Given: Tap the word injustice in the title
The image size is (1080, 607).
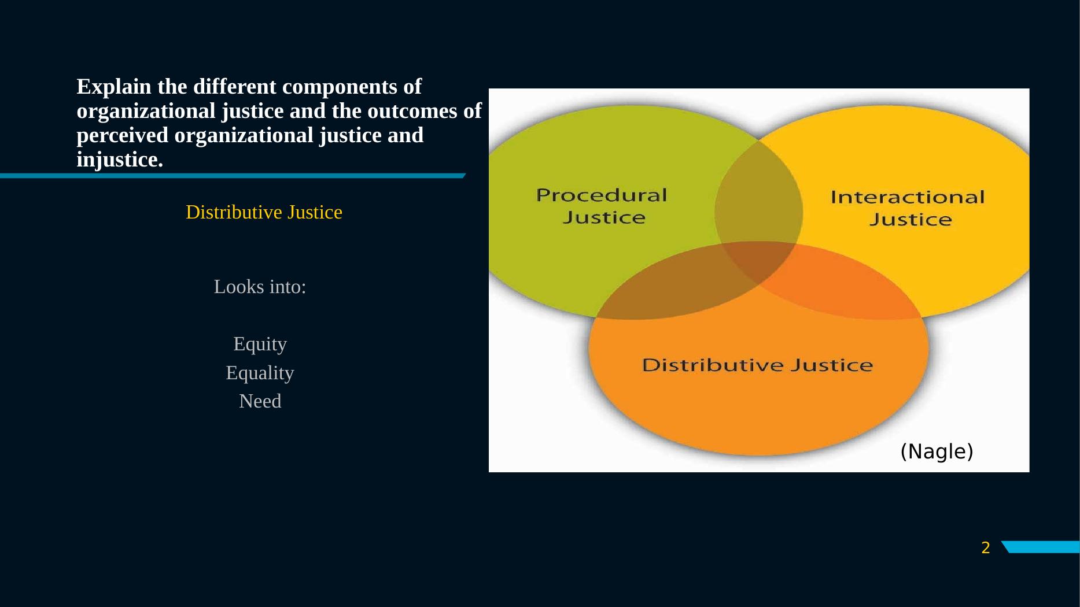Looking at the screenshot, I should pyautogui.click(x=119, y=160).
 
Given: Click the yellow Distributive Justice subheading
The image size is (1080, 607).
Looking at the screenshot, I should pyautogui.click(x=264, y=212).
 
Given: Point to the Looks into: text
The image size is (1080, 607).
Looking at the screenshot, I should pyautogui.click(x=260, y=287).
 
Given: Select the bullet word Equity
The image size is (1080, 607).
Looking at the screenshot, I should pyautogui.click(x=260, y=344).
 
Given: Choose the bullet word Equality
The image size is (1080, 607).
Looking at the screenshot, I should pyautogui.click(x=260, y=373).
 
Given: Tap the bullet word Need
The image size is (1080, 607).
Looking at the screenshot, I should pyautogui.click(x=260, y=401).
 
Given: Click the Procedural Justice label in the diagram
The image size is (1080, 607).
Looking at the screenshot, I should pyautogui.click(x=602, y=206).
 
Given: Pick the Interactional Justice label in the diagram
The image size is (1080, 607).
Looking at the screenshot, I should pyautogui.click(x=908, y=208).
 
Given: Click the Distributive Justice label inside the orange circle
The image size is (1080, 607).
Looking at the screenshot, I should pyautogui.click(x=757, y=365).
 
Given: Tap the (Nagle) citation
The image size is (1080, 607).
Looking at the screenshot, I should pyautogui.click(x=937, y=451).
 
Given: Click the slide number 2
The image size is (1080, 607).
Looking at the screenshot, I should pyautogui.click(x=986, y=548).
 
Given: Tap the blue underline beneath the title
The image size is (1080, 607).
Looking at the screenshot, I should pyautogui.click(x=231, y=176).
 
